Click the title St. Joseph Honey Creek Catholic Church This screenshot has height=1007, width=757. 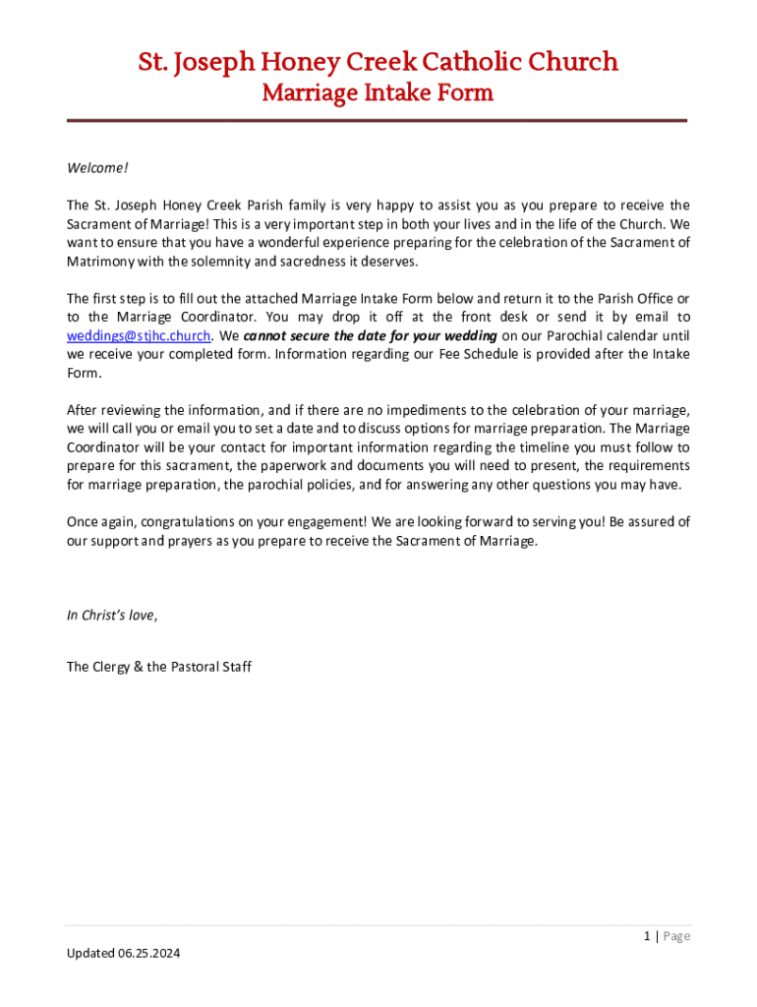378,62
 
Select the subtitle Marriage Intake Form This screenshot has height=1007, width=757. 378,93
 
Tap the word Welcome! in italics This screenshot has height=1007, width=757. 97,168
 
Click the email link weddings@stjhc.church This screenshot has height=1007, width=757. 139,335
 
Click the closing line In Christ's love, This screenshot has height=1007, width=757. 111,616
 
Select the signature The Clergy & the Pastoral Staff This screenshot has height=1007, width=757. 159,667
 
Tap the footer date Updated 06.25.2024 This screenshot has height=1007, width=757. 124,954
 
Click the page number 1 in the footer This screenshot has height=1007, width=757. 647,936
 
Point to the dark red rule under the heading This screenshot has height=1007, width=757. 378,121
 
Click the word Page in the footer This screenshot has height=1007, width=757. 676,936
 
